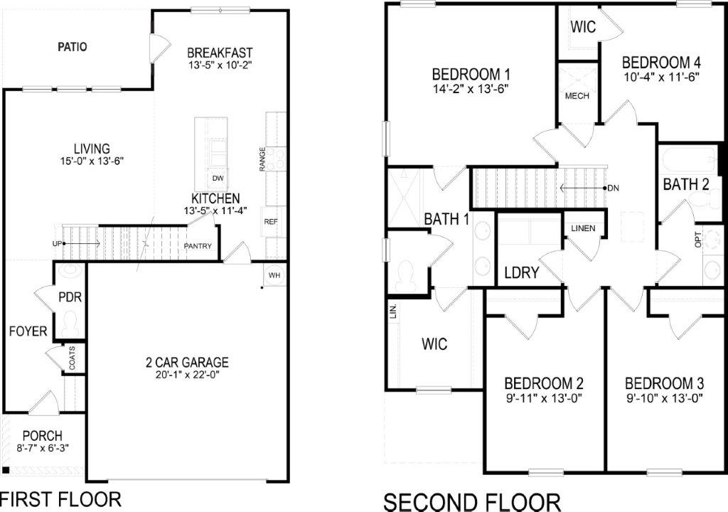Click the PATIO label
pyautogui.click(x=72, y=48)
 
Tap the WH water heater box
pyautogui.click(x=275, y=274)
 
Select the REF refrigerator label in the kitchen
pyautogui.click(x=270, y=222)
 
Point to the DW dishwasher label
pyautogui.click(x=215, y=178)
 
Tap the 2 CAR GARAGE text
pyautogui.click(x=187, y=363)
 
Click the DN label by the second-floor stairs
pyautogui.click(x=615, y=188)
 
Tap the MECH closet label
pyautogui.click(x=577, y=96)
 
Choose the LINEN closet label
pyautogui.click(x=583, y=229)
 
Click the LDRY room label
pyautogui.click(x=520, y=273)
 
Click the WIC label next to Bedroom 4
pyautogui.click(x=583, y=27)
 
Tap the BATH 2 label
pyautogui.click(x=686, y=185)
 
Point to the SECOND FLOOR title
pyautogui.click(x=472, y=501)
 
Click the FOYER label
pyautogui.click(x=28, y=331)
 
